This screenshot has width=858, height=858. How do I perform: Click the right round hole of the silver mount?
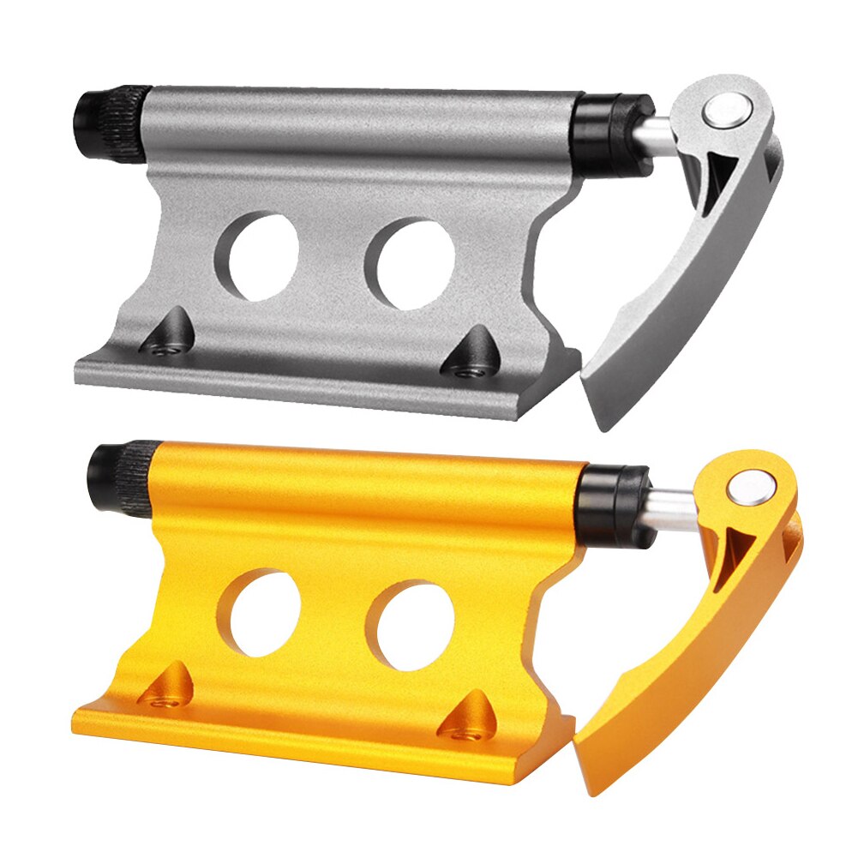point(410,263)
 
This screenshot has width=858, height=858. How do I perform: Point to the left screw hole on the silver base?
point(165,346)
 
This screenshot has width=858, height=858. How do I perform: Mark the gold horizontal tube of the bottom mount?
point(360,484)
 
